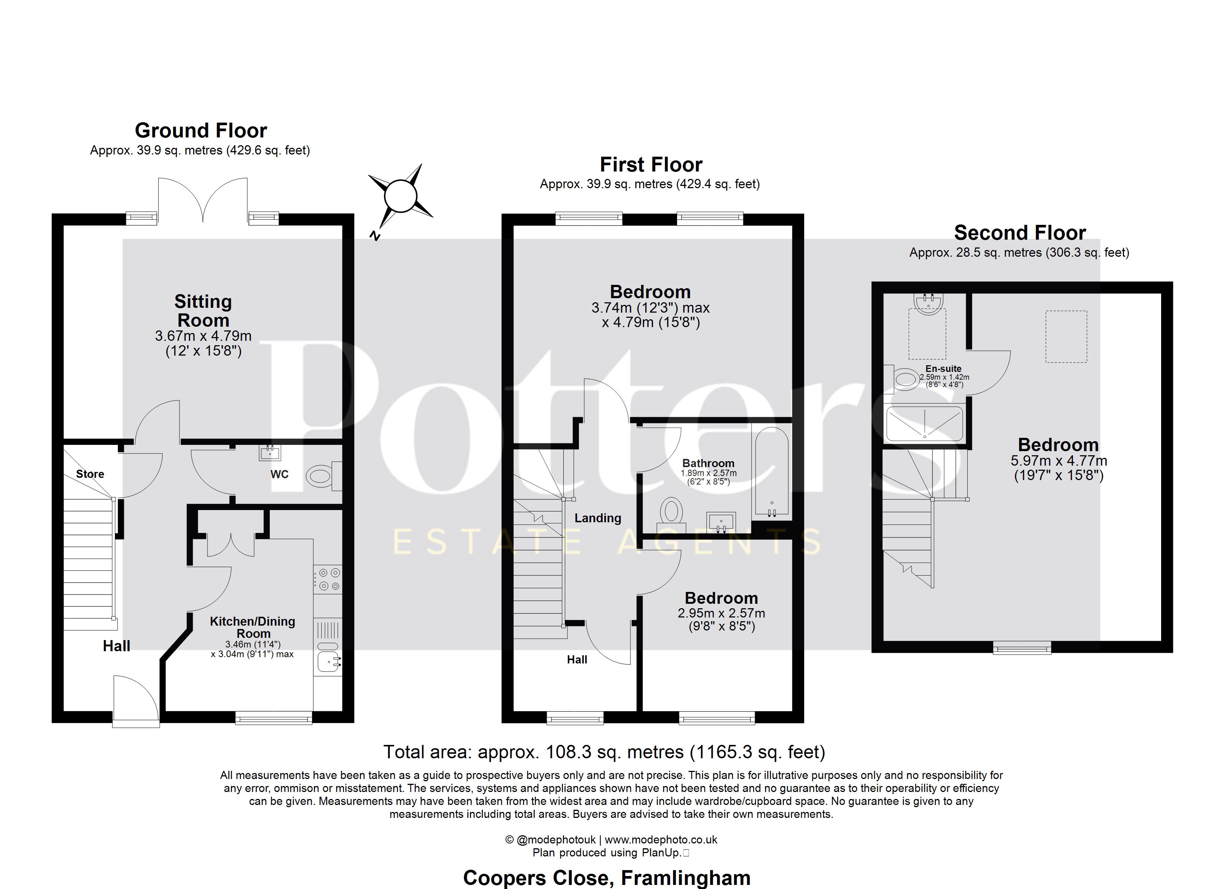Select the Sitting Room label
click(x=203, y=310)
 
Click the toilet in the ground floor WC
click(x=324, y=476)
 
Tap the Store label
click(x=90, y=474)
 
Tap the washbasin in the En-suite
click(x=928, y=303)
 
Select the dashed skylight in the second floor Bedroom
click(x=1066, y=336)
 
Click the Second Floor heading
click(x=1020, y=233)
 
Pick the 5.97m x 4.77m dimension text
click(x=1058, y=461)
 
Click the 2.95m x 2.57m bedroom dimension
click(x=722, y=613)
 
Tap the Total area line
click(x=604, y=752)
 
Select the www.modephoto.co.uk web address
click(x=661, y=839)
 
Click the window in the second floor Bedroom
click(x=1022, y=647)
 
